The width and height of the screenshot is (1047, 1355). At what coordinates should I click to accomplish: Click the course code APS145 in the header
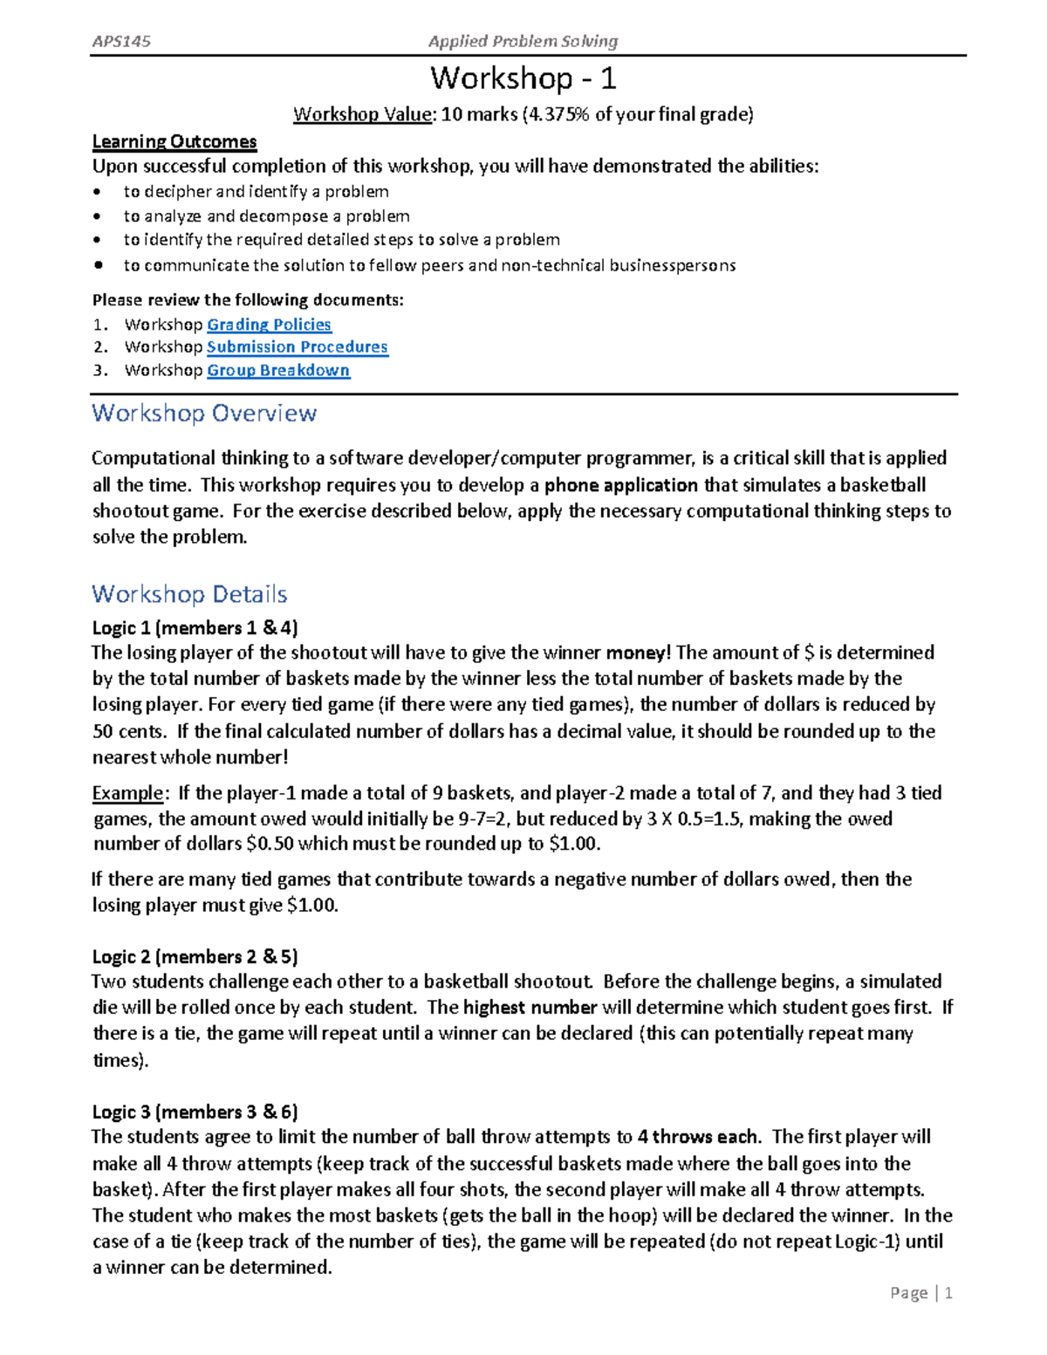pyautogui.click(x=121, y=41)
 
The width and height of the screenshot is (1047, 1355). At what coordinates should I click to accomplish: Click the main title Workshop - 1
pyautogui.click(x=523, y=79)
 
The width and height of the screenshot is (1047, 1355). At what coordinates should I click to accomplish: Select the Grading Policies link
pyautogui.click(x=269, y=325)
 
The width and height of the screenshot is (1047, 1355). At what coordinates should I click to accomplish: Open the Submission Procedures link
pyautogui.click(x=297, y=347)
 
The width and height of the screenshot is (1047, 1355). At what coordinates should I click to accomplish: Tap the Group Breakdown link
pyautogui.click(x=278, y=370)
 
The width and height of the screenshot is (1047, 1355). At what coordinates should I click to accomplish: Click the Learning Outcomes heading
pyautogui.click(x=174, y=141)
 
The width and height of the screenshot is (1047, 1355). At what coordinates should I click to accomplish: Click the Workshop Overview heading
pyautogui.click(x=204, y=414)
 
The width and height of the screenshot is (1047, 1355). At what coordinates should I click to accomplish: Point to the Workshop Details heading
pyautogui.click(x=189, y=594)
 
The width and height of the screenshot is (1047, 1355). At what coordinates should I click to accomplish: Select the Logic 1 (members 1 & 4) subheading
pyautogui.click(x=195, y=628)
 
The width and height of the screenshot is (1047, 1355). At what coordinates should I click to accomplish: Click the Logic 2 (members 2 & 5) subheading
pyautogui.click(x=195, y=957)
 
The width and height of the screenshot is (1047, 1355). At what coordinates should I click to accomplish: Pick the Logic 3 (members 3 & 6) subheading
pyautogui.click(x=195, y=1112)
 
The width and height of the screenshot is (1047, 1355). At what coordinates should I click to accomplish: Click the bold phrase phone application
pyautogui.click(x=621, y=485)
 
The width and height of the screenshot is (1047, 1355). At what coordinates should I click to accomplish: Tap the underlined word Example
pyautogui.click(x=127, y=793)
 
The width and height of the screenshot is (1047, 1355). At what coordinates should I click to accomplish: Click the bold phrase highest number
pyautogui.click(x=530, y=1008)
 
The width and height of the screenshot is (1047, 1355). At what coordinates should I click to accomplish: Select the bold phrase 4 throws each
pyautogui.click(x=699, y=1137)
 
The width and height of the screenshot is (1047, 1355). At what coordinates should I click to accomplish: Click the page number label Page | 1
pyautogui.click(x=921, y=1293)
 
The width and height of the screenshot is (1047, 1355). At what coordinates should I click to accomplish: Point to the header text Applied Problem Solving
pyautogui.click(x=523, y=41)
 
